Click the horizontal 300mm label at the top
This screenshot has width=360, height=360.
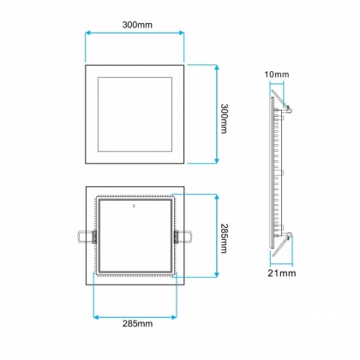pyautogui.click(x=137, y=25)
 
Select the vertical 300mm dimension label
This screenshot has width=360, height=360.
pyautogui.click(x=225, y=118)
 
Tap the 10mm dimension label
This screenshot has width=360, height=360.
pyautogui.click(x=277, y=75)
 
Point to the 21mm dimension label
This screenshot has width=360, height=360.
pyautogui.click(x=282, y=273)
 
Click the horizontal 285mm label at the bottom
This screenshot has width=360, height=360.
pyautogui.click(x=137, y=324)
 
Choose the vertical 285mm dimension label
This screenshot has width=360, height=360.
pyautogui.click(x=225, y=238)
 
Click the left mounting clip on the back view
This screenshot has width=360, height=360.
pyautogui.click(x=87, y=237)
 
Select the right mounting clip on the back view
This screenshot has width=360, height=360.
pyautogui.click(x=183, y=237)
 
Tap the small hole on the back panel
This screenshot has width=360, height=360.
pyautogui.click(x=134, y=205)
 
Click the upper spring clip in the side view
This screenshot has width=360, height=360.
pyautogui.click(x=280, y=100)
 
